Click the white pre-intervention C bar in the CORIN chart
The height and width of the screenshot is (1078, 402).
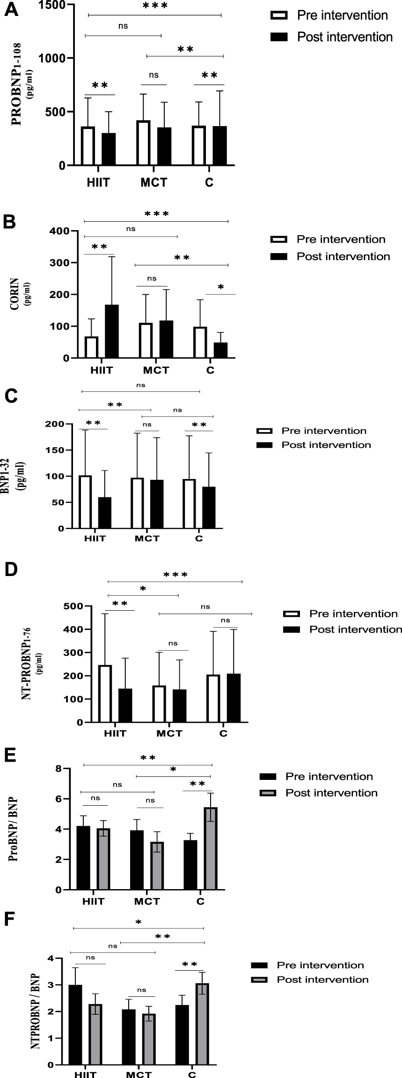(x=200, y=342)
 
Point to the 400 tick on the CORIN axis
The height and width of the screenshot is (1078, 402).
(x=59, y=231)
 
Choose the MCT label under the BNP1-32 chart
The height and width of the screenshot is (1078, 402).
(x=146, y=538)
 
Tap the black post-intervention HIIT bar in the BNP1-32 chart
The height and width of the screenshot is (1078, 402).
(x=105, y=512)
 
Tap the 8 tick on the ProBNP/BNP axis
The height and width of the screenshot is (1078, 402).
(x=58, y=768)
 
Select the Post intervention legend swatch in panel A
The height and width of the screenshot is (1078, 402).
(x=279, y=37)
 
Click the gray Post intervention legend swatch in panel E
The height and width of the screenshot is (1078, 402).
(x=268, y=793)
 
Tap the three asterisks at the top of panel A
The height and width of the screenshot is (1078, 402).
(x=155, y=6)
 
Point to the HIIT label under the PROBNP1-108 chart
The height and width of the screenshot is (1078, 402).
(x=98, y=182)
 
